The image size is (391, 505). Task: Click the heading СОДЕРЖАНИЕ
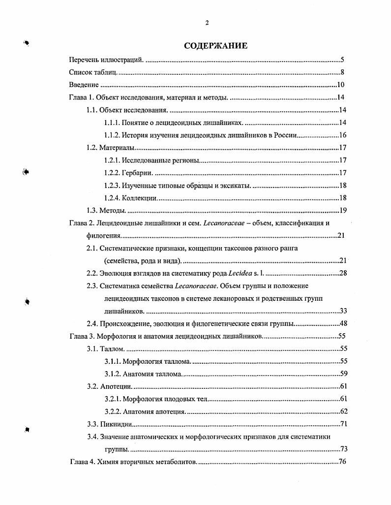[215, 46]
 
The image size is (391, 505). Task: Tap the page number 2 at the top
[207, 23]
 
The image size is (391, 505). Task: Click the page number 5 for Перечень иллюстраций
[342, 60]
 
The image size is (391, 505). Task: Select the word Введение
[84, 85]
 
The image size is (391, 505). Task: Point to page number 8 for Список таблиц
[342, 73]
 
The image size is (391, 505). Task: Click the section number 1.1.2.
[112, 135]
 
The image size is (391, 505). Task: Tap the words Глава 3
[81, 336]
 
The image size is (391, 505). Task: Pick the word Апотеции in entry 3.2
[116, 386]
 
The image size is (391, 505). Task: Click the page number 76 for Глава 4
[343, 462]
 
